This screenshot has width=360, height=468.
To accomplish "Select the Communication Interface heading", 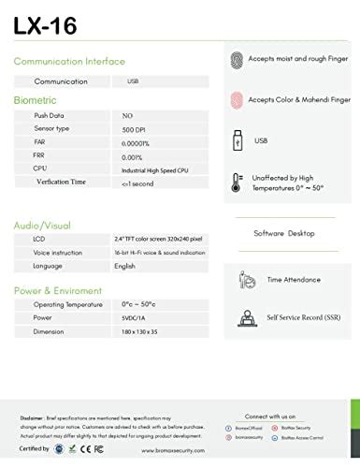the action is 70,61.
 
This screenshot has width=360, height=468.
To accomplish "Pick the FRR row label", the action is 41,156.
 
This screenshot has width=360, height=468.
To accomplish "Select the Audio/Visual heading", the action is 41,225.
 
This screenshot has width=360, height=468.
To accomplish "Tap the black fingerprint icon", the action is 237,59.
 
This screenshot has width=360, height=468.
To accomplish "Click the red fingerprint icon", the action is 237,100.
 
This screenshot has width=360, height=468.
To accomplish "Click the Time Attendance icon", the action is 248,279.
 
